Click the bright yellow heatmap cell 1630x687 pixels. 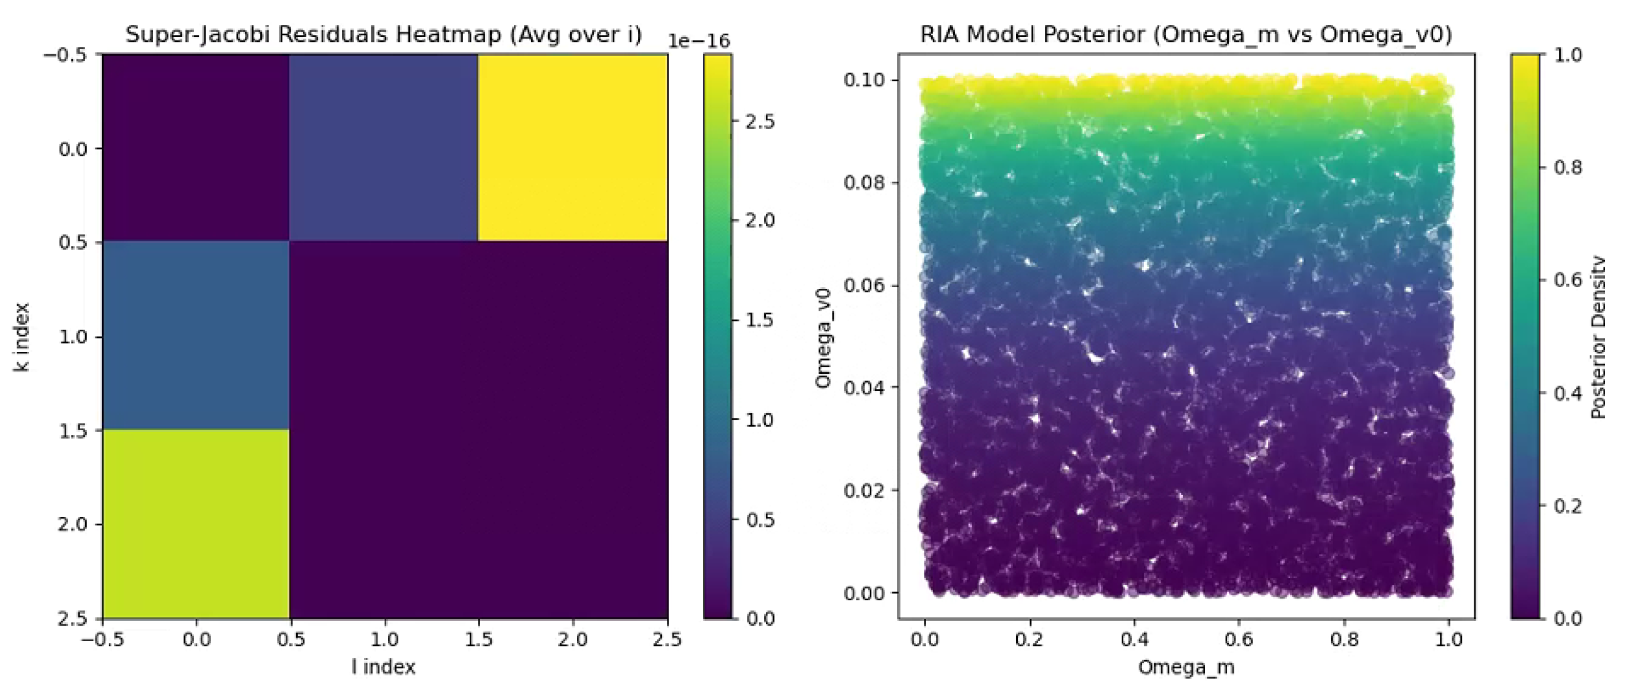click(572, 147)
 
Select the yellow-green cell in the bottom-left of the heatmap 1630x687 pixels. click(196, 523)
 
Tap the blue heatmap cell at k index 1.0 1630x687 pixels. click(196, 335)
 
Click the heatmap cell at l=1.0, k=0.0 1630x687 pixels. click(383, 147)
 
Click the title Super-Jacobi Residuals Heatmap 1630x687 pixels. click(383, 34)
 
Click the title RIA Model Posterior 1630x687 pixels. click(1186, 34)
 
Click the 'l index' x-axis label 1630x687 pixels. click(383, 667)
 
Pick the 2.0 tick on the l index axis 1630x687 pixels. click(572, 640)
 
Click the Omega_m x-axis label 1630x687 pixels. click(1186, 667)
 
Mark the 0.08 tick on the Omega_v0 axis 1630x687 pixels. click(864, 183)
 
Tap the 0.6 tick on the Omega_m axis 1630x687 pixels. click(1239, 640)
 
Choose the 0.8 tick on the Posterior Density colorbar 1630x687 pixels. click(1568, 168)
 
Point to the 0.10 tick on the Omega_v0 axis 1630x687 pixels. click(864, 80)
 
